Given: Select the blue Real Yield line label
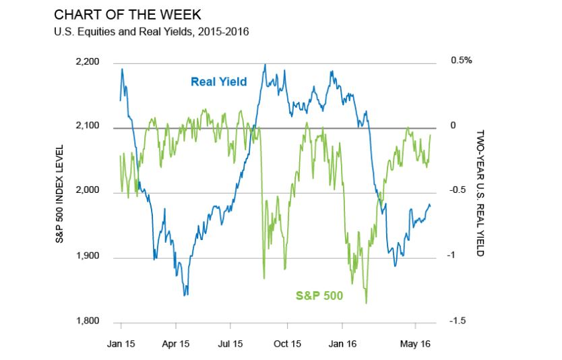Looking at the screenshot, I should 218,82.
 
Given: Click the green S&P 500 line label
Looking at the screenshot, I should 319,295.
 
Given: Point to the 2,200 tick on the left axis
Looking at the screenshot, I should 88,63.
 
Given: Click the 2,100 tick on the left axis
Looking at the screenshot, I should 88,127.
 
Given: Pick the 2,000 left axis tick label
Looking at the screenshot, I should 88,191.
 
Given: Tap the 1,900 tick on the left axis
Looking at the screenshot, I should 88,257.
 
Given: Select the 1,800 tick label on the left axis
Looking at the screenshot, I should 88,322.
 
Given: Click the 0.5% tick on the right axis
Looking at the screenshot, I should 461,60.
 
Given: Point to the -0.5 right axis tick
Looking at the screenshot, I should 458,191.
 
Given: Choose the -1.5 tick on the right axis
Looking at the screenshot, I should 458,321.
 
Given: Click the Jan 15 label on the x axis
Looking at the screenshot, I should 121,344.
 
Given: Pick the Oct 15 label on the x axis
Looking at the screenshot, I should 287,344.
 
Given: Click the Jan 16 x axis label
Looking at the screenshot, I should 342,344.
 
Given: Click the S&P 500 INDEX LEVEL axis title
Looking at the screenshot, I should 59,192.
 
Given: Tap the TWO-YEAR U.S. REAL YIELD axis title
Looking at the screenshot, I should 481,192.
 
